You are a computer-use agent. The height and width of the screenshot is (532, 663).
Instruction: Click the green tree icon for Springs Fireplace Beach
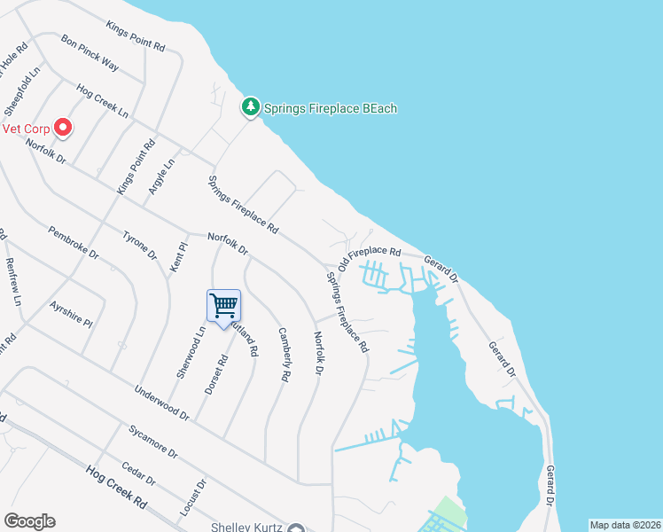pyautogui.click(x=251, y=108)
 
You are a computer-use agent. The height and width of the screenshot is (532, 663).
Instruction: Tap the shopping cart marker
pyautogui.click(x=223, y=306)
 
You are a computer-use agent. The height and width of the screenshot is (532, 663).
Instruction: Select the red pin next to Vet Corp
pyautogui.click(x=63, y=128)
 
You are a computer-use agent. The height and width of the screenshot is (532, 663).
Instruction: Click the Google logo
pyautogui.click(x=29, y=521)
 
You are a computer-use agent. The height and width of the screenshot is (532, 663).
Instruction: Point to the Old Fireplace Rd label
pyautogui.click(x=370, y=256)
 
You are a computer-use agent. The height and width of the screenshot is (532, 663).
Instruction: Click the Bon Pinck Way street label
pyautogui.click(x=90, y=52)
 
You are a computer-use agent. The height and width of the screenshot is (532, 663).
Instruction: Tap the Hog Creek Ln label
pyautogui.click(x=103, y=102)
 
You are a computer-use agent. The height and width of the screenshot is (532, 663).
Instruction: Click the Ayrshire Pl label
pyautogui.click(x=72, y=312)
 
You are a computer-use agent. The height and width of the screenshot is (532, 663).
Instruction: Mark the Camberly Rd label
pyautogui.click(x=285, y=355)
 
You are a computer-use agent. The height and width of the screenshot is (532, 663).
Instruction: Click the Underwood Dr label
pyautogui.click(x=161, y=402)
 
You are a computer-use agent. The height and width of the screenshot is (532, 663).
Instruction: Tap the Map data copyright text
pyautogui.click(x=626, y=525)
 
